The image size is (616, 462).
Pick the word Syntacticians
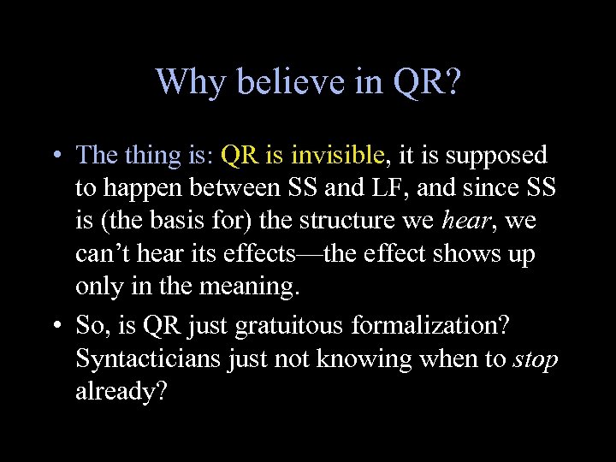coord(149,358)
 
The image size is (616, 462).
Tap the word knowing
coord(355,358)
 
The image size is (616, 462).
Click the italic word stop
coord(536,358)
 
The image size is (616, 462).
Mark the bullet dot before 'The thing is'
coord(54,156)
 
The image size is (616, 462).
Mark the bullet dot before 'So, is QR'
coord(54,326)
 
